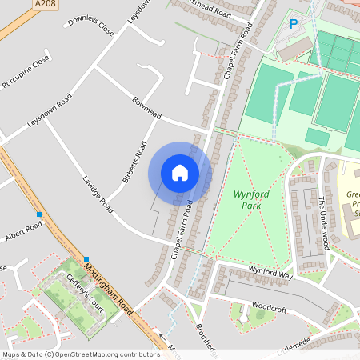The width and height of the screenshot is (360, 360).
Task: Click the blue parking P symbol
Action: click(x=294, y=25)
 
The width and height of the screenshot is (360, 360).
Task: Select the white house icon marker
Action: click(x=180, y=173)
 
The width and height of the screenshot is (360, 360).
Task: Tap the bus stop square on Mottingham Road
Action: click(x=86, y=258)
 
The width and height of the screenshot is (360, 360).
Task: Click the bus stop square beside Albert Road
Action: click(x=38, y=214)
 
